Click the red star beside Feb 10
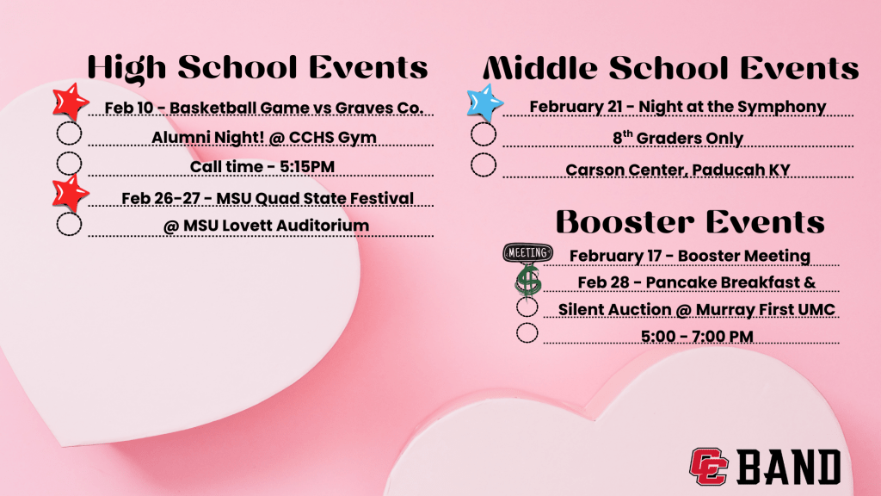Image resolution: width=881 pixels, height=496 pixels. pos(71,102)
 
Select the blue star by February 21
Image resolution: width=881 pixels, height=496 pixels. pos(484,103)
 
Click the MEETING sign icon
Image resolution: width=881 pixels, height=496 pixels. pos(527,253)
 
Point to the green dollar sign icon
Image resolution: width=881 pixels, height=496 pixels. pos(527,281)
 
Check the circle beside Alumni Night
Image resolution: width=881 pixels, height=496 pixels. pos(69,133)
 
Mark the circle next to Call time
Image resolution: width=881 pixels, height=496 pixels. pos(69,164)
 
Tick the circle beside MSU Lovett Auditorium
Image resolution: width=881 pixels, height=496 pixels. pos(69,225)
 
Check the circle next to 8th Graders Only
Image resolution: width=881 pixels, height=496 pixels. pos(484,134)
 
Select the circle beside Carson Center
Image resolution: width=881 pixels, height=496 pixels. pos(484,164)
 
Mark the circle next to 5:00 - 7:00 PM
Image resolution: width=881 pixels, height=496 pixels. pos(527,333)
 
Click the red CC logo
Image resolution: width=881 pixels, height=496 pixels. pos(709,466)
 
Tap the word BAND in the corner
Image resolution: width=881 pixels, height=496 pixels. pos(788,467)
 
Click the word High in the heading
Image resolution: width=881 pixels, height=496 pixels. pos(127,68)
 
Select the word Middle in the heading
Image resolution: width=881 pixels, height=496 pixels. pos(542,68)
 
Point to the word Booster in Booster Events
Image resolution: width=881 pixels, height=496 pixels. pos(623,221)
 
